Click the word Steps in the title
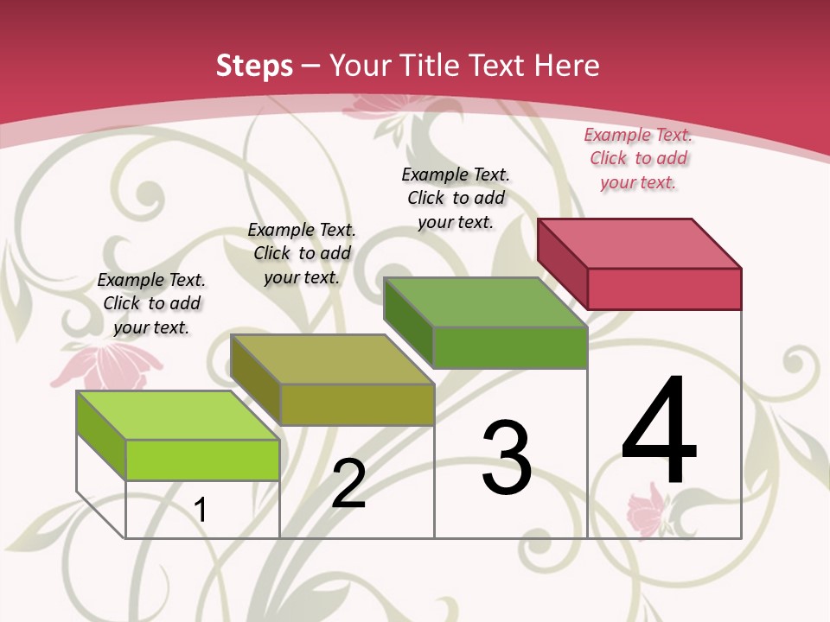pos(254,66)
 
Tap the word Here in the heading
pos(566,66)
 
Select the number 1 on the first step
pos(201,511)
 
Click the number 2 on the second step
pos(348,484)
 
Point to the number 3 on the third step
pos(506,458)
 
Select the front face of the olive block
pos(357,404)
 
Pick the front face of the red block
pos(664,289)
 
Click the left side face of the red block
pos(562,262)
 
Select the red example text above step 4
pos(638,158)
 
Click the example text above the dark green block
pos(456,198)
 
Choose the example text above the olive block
pos(302,253)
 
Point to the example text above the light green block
pos(151,303)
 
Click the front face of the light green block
pos(202,460)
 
